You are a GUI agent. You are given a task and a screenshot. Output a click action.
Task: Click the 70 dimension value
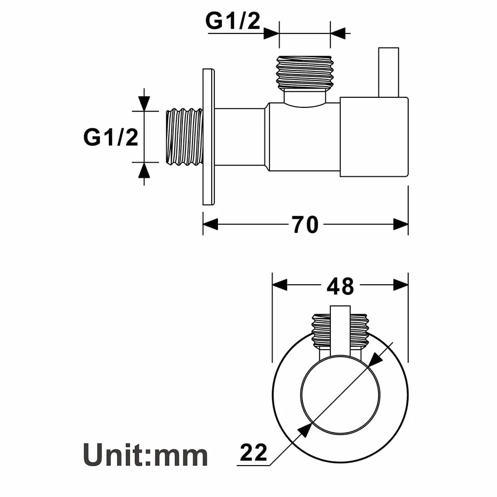[x=305, y=225]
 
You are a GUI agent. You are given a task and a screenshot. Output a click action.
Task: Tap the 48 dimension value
[x=340, y=286]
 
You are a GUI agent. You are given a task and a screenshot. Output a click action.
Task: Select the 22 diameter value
[x=254, y=452]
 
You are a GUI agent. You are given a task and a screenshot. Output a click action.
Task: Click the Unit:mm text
[x=145, y=455]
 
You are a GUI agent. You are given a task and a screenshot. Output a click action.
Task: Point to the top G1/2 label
[x=233, y=21]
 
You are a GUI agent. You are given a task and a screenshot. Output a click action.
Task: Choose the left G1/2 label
[x=110, y=137]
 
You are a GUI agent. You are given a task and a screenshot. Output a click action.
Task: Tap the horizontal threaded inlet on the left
[x=184, y=137]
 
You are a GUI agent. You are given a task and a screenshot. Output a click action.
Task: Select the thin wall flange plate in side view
[x=209, y=137]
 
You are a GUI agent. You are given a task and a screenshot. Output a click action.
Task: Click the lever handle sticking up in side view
[x=389, y=72]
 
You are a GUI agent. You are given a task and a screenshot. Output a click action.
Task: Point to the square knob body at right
[x=374, y=137]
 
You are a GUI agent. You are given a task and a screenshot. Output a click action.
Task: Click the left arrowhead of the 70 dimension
[x=210, y=224]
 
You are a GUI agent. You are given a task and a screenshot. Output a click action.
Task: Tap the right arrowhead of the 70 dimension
[x=401, y=224]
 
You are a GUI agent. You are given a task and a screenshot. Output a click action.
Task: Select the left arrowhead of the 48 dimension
[x=280, y=285]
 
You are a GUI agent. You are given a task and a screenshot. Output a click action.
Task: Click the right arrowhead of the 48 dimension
[x=401, y=285]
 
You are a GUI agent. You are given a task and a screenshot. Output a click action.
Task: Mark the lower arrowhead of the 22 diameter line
[x=305, y=431]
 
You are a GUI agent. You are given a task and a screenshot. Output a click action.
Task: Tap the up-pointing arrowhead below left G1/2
[x=144, y=170]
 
